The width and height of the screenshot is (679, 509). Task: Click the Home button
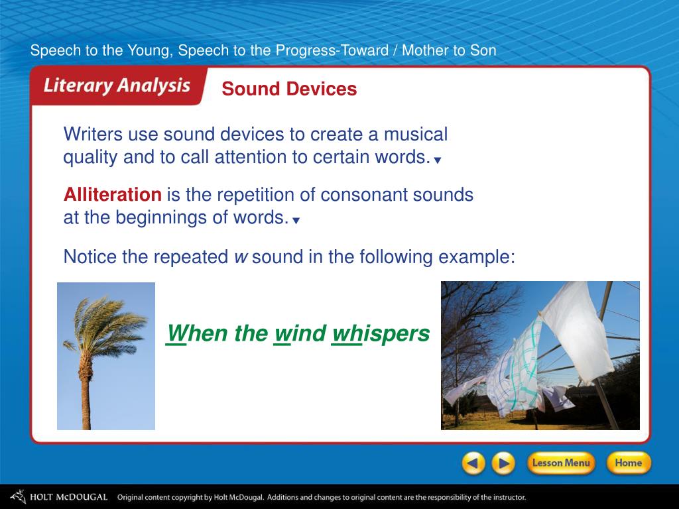click(x=629, y=463)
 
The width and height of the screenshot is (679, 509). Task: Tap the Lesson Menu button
click(x=561, y=463)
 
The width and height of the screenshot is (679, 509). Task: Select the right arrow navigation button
click(x=503, y=463)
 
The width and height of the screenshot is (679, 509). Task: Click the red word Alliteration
click(x=113, y=194)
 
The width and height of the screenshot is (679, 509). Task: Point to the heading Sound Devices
click(x=289, y=89)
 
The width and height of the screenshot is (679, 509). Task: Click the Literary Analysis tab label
click(x=117, y=85)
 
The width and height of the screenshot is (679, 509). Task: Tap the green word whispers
click(x=381, y=334)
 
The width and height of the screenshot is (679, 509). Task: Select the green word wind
click(x=300, y=333)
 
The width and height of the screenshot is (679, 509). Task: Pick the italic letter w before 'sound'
click(x=241, y=258)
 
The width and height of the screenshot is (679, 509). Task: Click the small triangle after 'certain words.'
click(x=438, y=160)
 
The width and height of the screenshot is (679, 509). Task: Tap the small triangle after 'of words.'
click(x=296, y=221)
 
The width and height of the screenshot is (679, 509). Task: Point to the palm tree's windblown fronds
click(x=106, y=325)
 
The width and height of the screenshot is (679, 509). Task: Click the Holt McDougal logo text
click(x=68, y=497)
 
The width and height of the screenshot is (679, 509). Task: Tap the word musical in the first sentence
click(x=416, y=134)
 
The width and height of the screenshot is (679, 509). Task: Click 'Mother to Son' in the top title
click(x=449, y=50)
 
